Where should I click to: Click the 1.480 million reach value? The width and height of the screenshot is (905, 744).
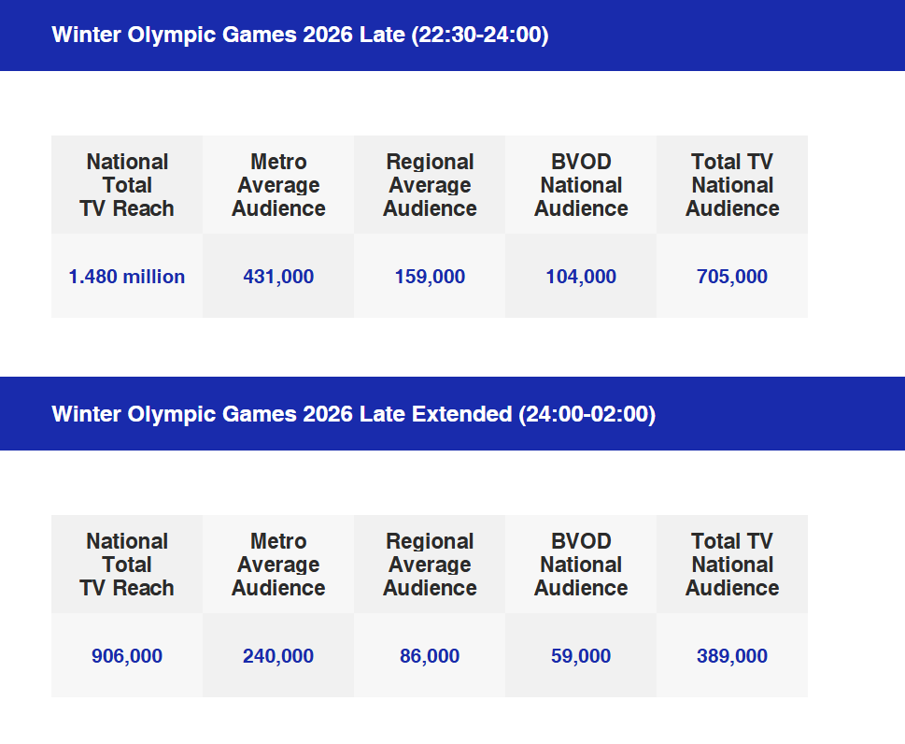[127, 277]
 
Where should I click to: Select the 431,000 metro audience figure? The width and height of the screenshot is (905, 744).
[278, 277]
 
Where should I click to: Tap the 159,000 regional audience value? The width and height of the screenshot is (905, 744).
[430, 277]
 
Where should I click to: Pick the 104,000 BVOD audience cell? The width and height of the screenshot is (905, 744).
[581, 277]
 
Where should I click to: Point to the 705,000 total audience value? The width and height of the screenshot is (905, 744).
[732, 277]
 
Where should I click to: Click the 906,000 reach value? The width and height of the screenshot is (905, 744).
[127, 656]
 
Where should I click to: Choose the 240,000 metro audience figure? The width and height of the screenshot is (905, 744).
[278, 656]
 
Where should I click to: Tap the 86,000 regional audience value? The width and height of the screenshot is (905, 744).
[430, 656]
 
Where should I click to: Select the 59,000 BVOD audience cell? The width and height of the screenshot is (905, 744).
[581, 656]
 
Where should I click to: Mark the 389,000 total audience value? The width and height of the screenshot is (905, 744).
[732, 656]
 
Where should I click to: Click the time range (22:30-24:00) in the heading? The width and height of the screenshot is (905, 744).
[480, 36]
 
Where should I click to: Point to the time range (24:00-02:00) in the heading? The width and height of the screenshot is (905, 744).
[587, 414]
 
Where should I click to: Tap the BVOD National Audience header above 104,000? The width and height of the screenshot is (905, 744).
[581, 185]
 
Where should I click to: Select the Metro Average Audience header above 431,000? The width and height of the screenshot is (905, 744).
[278, 185]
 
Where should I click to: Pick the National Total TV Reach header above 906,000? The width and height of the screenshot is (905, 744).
[127, 565]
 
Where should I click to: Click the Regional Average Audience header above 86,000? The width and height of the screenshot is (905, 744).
[430, 565]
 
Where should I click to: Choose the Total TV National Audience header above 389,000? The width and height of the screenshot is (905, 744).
[732, 565]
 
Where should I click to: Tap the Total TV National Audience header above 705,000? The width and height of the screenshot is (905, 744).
[732, 185]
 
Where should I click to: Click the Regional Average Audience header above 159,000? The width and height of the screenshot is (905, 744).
[430, 185]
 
